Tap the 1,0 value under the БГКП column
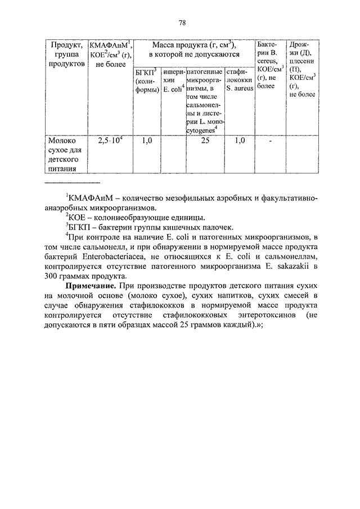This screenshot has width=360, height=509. coord(147,141)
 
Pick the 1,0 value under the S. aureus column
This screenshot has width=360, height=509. coord(239,141)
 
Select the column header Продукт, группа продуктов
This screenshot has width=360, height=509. coord(66,54)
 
